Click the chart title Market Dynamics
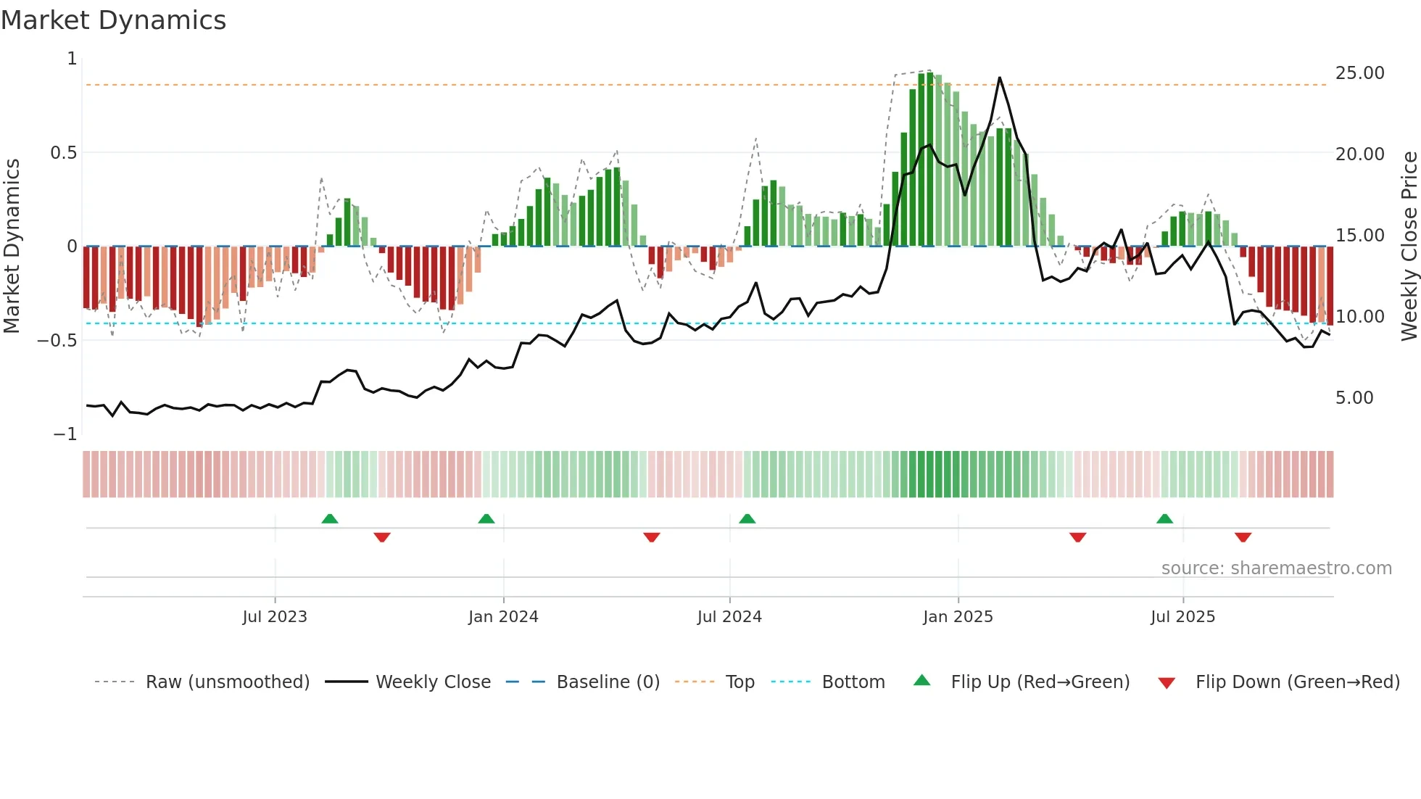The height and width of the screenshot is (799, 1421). [113, 20]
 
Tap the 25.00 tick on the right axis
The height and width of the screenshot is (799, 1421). [1359, 73]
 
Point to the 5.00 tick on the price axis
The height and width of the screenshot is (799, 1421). [1354, 398]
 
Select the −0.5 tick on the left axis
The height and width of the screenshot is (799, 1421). [57, 341]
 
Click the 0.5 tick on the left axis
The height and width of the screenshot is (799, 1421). [63, 153]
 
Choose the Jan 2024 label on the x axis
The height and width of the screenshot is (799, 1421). [503, 617]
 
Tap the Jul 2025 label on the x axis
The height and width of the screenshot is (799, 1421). [1182, 617]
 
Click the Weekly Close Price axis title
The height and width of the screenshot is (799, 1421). [1409, 247]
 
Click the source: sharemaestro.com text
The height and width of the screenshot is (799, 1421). [1276, 568]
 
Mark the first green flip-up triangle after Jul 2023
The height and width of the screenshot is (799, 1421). [330, 518]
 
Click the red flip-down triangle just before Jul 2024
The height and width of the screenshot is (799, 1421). [651, 537]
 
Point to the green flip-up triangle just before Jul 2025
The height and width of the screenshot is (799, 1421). [1164, 518]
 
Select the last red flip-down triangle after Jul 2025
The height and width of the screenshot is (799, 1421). [1243, 537]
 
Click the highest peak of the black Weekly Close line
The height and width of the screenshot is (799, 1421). [999, 78]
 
